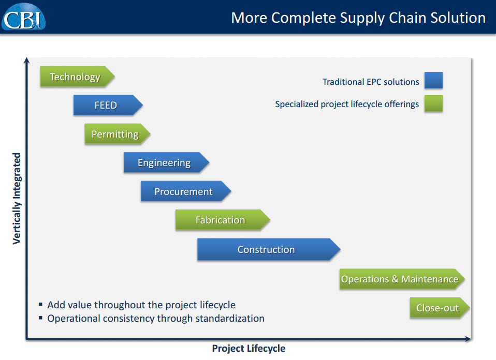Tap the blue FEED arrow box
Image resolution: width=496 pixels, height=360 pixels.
coord(107,106)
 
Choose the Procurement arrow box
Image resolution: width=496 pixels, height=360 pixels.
coord(184,192)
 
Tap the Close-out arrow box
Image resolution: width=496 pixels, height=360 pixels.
coord(439,308)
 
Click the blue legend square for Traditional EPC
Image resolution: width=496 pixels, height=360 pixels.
coord(433,81)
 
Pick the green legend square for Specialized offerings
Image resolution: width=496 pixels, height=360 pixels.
coord(433,103)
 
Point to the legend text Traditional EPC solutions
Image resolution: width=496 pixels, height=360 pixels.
coord(371,82)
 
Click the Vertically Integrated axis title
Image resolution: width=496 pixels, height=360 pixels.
coord(17,198)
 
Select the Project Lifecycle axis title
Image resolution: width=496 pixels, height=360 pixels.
coord(249,349)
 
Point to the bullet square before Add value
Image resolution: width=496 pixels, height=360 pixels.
coord(41,305)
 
